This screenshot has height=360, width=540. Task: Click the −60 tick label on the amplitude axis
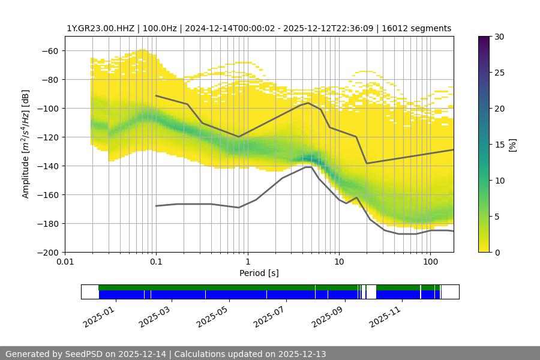(x=49, y=51)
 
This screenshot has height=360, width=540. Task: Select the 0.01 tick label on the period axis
(x=65, y=262)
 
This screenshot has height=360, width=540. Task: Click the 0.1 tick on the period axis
(x=156, y=262)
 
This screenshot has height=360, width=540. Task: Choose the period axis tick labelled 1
(x=247, y=262)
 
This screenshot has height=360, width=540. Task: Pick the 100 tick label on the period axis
(x=430, y=262)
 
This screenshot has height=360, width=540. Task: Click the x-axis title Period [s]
(x=259, y=273)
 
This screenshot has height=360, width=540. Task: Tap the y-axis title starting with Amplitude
(x=25, y=144)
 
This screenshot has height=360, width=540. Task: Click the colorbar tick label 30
(x=499, y=37)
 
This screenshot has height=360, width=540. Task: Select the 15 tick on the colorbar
(x=499, y=145)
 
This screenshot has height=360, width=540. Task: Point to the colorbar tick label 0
(x=497, y=253)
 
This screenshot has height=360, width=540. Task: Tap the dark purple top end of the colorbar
(x=485, y=40)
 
